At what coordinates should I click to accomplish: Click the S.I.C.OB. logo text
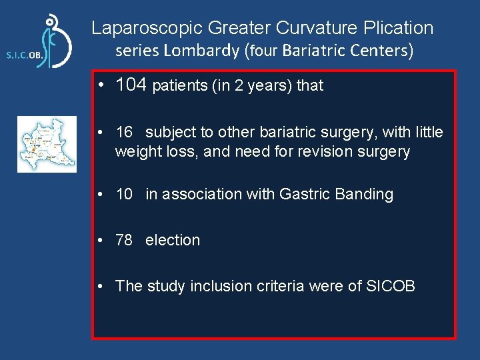point(25,56)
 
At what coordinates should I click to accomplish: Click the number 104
point(131,85)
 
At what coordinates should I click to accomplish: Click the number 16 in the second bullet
point(124,132)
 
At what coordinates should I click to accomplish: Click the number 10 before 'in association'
point(124,194)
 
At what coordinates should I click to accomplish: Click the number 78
point(124,240)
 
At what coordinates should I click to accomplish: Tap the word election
point(173,240)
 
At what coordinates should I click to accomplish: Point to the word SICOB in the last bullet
point(391,286)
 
